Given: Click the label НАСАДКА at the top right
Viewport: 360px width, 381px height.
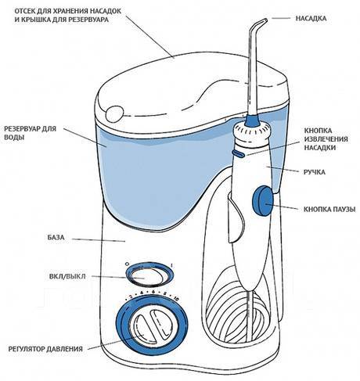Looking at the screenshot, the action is [x=311, y=19].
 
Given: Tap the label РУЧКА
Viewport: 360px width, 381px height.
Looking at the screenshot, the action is [x=315, y=172].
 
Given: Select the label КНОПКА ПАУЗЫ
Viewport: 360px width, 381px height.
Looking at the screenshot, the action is [x=329, y=210].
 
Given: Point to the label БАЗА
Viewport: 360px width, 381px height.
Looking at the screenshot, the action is [x=56, y=238].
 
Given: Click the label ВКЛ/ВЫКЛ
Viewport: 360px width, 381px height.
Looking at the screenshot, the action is [x=67, y=276].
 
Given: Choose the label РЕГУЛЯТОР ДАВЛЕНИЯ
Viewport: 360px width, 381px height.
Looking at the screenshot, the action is [x=45, y=349].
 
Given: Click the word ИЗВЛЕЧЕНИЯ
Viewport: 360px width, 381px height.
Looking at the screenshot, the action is [x=326, y=139].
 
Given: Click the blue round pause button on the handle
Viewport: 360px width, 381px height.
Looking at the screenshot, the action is [x=262, y=200].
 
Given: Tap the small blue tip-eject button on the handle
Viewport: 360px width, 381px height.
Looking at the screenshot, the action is [x=238, y=153].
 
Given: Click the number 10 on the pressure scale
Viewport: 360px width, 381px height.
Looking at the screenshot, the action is [x=176, y=299].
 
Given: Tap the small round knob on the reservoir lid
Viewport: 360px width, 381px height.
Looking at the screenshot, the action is [x=114, y=113].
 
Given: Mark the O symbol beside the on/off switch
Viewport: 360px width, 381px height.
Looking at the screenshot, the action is [x=127, y=264].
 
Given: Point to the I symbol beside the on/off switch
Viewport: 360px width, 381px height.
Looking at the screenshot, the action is [x=171, y=266].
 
